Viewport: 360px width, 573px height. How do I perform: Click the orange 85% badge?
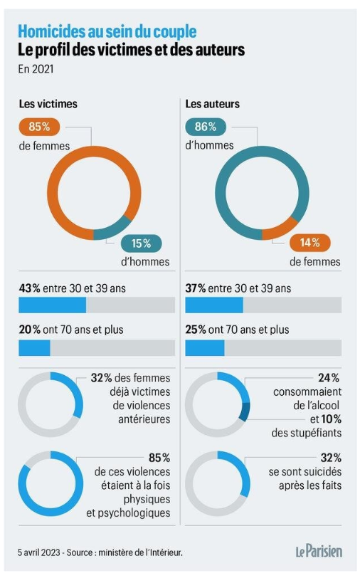pos(39,127)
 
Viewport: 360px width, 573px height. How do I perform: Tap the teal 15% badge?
pos(141,243)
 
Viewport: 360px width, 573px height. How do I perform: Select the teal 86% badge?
pos(206,127)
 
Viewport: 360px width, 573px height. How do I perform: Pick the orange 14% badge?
pos(310,242)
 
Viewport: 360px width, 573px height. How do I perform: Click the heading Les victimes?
pos(48,104)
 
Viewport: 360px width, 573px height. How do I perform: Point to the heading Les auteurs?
pos(213,104)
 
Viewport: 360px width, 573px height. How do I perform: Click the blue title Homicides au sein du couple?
pos(107,32)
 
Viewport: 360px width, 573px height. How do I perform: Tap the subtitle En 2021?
pos(36,69)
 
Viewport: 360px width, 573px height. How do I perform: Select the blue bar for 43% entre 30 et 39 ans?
pos(53,305)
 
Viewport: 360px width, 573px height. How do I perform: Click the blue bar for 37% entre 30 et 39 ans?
pos(214,305)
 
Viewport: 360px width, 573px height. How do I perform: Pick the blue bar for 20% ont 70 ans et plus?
pos(34,348)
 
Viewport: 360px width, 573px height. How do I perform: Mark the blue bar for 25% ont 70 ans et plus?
pos(205,348)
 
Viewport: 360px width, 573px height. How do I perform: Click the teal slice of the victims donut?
pos(113,228)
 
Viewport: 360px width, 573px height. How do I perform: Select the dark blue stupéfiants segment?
pos(245,411)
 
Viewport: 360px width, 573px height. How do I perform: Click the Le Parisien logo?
pos(319,551)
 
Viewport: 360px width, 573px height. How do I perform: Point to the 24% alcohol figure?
pos(329,378)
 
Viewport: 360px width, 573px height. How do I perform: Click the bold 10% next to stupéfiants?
pos(331,419)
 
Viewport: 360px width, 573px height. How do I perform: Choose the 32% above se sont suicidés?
pos(331,458)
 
